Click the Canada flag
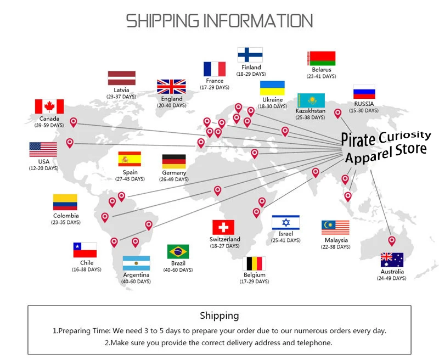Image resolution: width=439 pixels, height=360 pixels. tap(49, 106)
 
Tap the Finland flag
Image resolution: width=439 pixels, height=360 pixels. tap(250, 55)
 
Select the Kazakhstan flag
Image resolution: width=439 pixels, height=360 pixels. tap(311, 100)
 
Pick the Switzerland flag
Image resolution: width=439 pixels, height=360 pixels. tap(223, 227)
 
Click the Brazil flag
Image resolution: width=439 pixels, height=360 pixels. tap(178, 252)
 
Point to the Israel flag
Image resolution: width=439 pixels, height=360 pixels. tap(285, 223)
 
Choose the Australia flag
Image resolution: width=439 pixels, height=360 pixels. tap(392, 260)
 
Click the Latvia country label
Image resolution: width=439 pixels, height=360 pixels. tap(121, 90)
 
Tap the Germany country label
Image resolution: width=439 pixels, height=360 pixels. tap(174, 173)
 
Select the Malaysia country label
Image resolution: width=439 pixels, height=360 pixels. tap(336, 240)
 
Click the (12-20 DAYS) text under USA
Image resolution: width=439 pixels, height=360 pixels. tap(44, 168)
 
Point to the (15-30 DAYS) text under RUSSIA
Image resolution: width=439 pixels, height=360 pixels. tap(364, 110)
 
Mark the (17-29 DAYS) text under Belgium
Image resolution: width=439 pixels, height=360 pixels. tap(254, 282)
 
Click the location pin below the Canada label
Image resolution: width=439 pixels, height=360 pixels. tap(74, 122)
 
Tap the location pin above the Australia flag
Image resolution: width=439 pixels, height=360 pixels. tap(392, 241)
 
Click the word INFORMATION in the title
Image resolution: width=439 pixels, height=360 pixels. tap(257, 21)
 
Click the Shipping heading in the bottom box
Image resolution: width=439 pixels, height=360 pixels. tap(219, 316)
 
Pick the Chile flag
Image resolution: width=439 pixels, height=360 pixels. tap(85, 250)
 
